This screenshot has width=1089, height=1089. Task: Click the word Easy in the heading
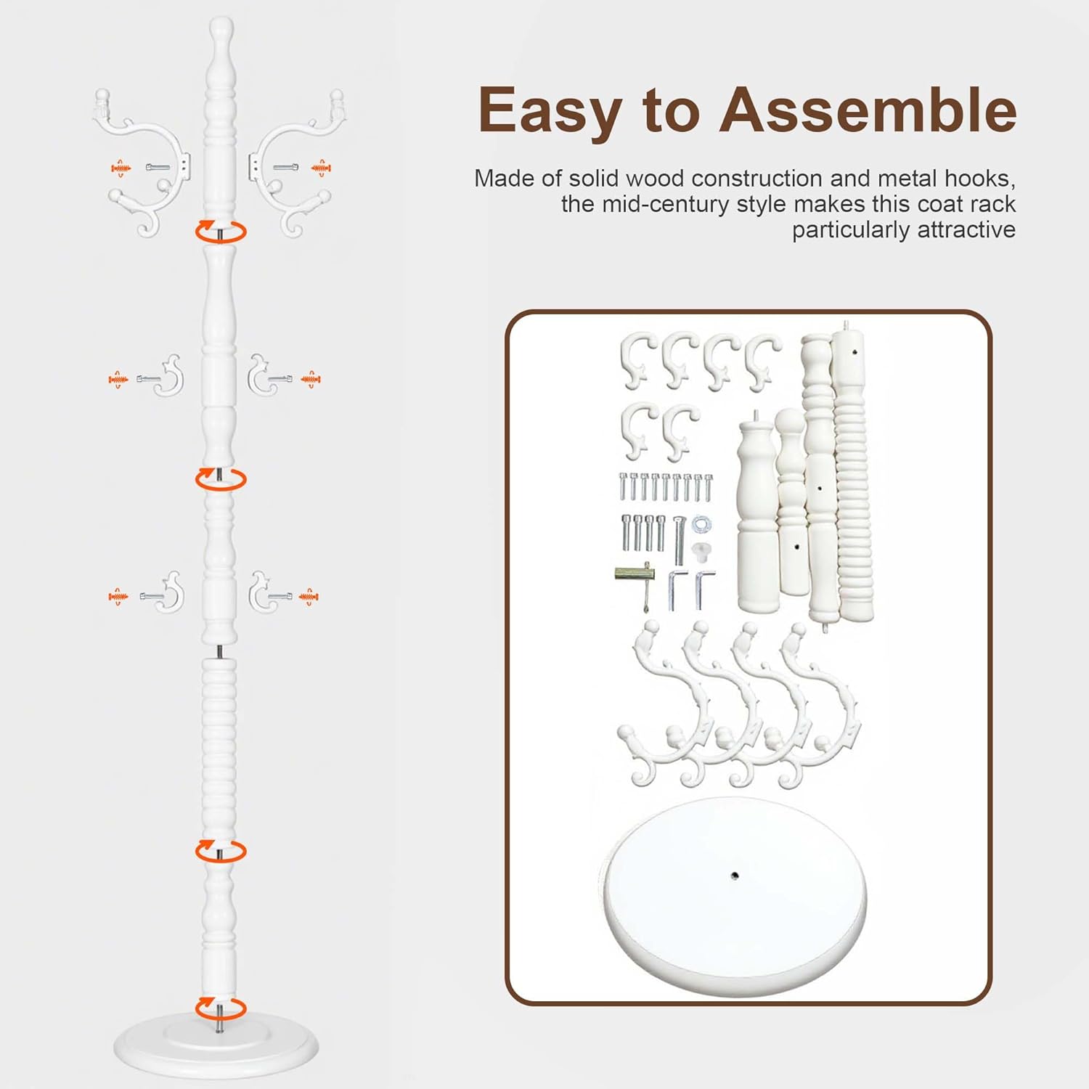550,110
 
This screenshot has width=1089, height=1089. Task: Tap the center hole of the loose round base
735,876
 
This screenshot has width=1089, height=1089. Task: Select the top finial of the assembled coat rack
221,33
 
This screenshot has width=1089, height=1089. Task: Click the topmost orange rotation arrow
221,232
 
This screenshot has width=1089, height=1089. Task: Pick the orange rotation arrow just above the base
221,1008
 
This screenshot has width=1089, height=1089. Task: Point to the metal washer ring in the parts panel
701,523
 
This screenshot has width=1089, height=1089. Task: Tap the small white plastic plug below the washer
701,551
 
